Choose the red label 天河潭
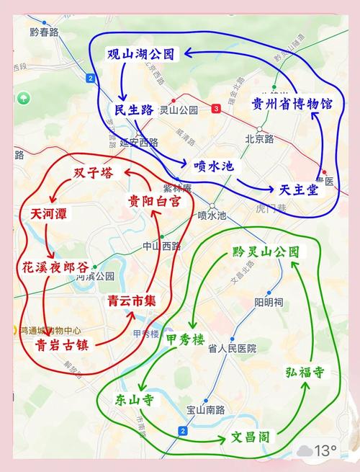(51, 213)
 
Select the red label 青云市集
(132, 301)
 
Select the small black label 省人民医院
(233, 348)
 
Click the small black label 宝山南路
(205, 409)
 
